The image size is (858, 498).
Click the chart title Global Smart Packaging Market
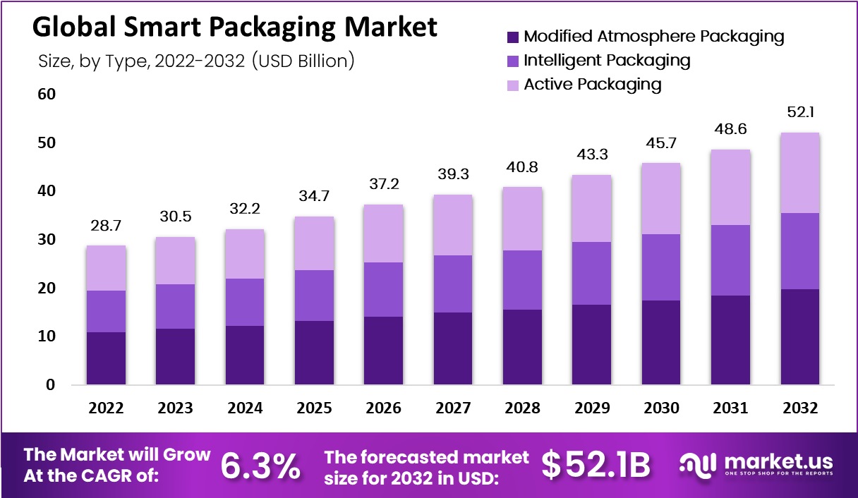click(235, 27)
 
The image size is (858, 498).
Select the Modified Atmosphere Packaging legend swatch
click(512, 36)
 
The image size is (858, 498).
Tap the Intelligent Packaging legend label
click(607, 60)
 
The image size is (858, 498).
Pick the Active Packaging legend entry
click(592, 85)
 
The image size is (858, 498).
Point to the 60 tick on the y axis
click(47, 95)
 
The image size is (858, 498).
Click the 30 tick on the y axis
click(47, 240)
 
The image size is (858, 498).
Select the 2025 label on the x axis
click(313, 408)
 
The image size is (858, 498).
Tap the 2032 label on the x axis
click(800, 408)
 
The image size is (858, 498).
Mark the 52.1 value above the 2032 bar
click(800, 111)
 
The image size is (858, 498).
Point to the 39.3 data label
click(452, 174)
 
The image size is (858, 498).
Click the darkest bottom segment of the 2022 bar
click(106, 358)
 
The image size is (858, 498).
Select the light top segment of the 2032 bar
click(800, 173)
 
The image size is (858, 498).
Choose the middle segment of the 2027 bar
click(452, 284)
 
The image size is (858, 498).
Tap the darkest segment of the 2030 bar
click(661, 343)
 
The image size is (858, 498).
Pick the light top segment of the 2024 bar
click(244, 254)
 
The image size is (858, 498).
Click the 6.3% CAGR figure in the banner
click(260, 465)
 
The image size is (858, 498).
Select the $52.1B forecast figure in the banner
click(596, 465)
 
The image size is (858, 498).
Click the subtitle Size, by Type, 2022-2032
click(195, 61)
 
